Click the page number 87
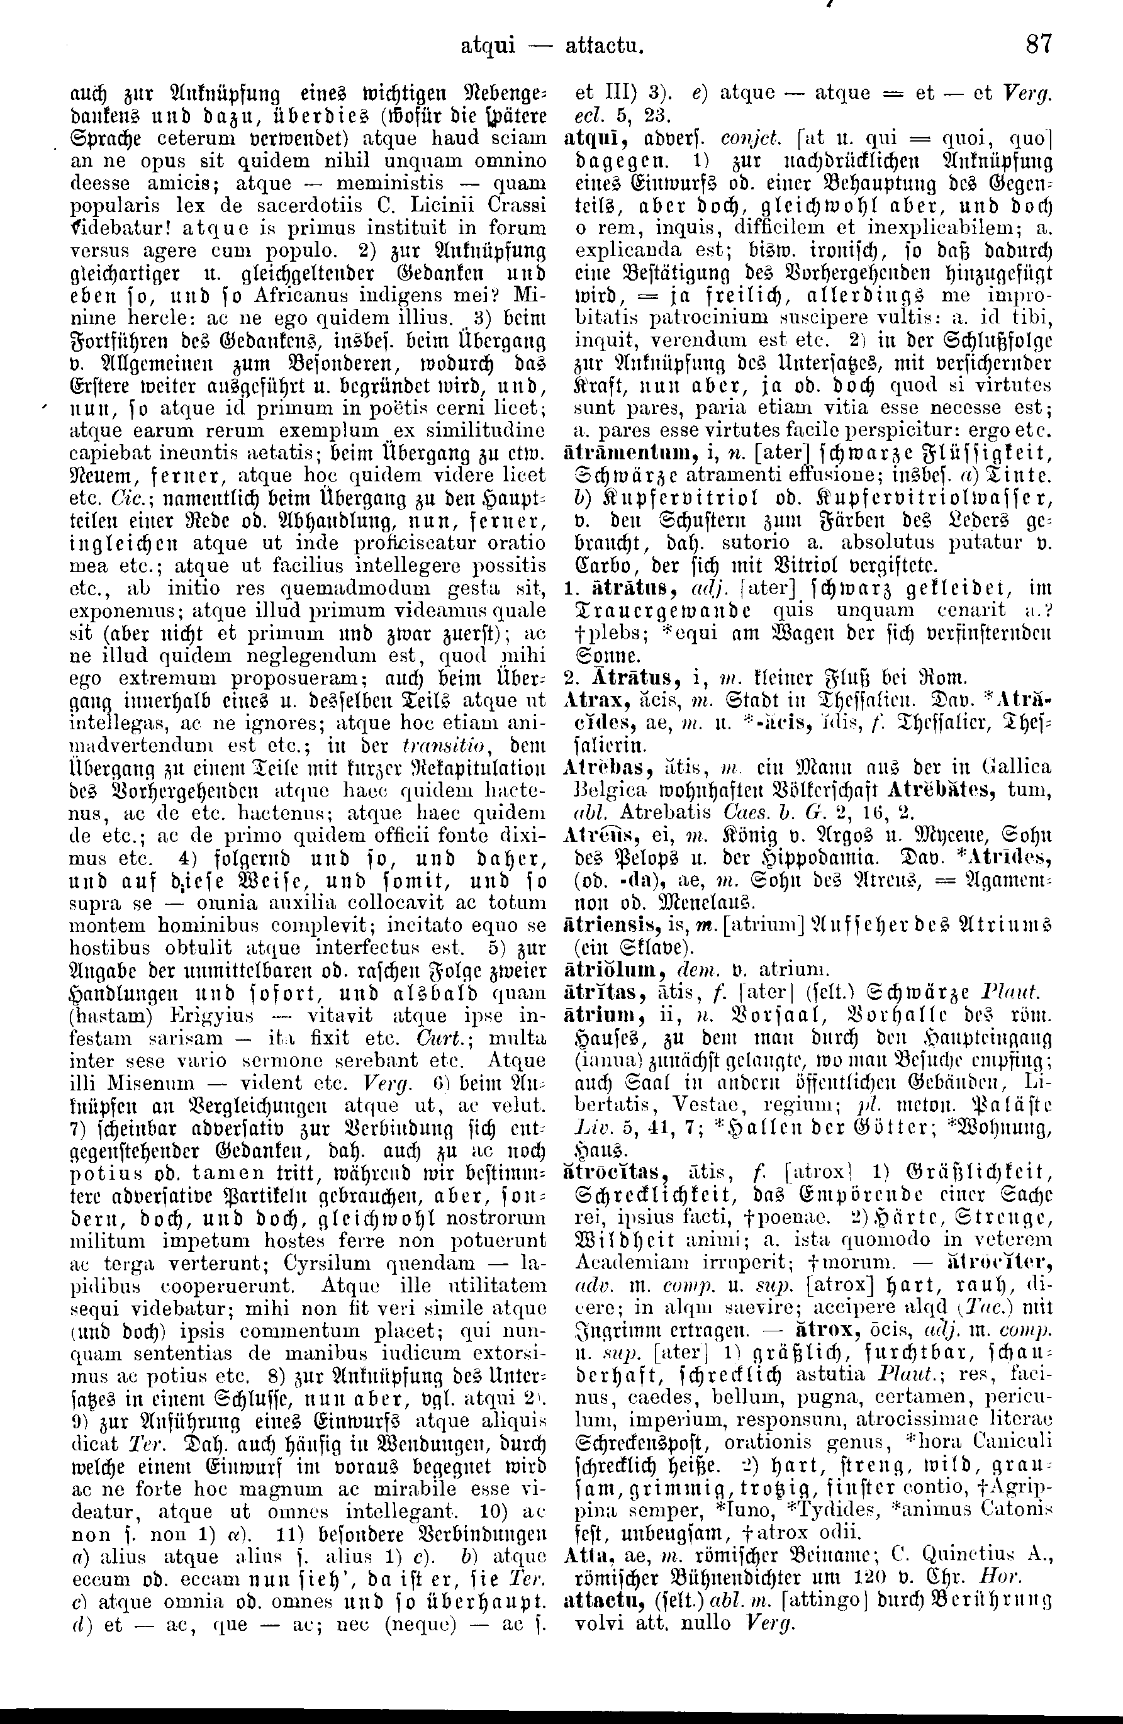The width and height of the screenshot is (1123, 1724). tap(1038, 45)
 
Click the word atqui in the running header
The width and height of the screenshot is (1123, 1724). tap(488, 47)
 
